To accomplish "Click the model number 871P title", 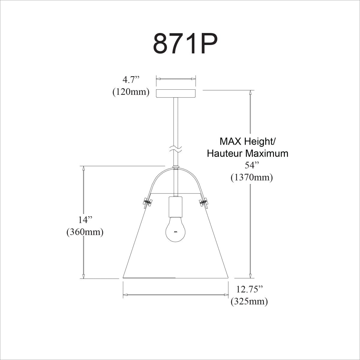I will pos(185,43).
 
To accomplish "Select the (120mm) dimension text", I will pos(131,92).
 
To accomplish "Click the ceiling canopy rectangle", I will pos(176,93).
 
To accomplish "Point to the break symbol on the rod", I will pos(176,148).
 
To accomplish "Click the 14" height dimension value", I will pos(85,220).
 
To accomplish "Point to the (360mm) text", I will pos(85,232).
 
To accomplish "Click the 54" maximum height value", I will pos(251,166).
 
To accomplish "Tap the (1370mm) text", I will pos(251,178).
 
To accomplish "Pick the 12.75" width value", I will pos(250,289).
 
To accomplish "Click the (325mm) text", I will pos(249,301).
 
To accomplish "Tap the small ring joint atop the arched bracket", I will pos(176,167).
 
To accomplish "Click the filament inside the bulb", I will pos(176,232).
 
